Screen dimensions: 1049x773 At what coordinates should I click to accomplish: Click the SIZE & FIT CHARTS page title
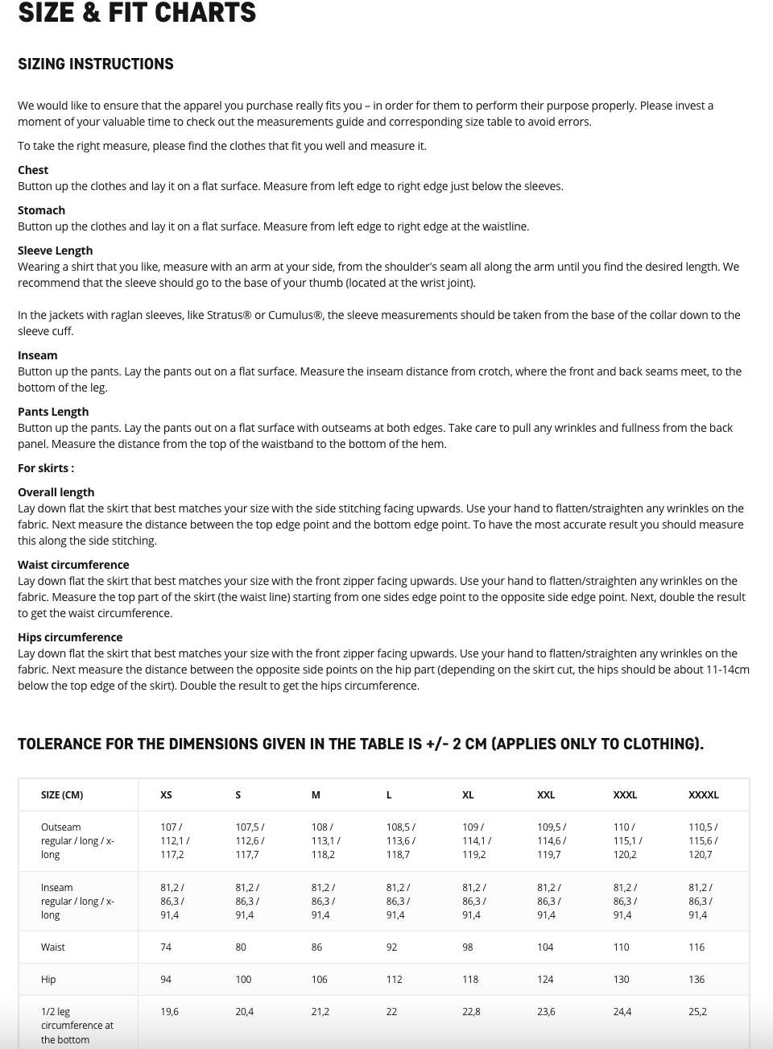137,13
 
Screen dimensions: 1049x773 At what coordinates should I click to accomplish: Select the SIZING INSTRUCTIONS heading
96,64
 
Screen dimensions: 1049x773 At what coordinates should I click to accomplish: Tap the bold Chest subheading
33,170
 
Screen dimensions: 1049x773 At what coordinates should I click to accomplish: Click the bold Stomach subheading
41,210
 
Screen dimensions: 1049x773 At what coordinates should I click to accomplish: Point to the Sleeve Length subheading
55,251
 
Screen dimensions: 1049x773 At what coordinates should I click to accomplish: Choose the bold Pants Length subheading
53,412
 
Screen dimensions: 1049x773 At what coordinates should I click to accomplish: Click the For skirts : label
46,468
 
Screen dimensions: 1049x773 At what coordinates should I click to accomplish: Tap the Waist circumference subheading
73,565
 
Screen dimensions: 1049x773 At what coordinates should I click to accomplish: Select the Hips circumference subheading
70,637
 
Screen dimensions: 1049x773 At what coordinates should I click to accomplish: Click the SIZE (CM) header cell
62,795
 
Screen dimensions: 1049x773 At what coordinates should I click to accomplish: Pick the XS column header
166,795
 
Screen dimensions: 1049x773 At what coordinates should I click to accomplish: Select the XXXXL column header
703,795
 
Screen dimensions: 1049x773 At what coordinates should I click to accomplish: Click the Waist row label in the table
53,947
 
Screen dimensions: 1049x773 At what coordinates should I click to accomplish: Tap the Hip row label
48,980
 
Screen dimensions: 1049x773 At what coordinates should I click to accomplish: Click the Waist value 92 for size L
391,947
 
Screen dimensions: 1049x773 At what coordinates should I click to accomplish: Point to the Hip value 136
697,980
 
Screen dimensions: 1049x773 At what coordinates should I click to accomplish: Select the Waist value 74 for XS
166,947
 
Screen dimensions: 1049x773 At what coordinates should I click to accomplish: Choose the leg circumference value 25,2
697,1012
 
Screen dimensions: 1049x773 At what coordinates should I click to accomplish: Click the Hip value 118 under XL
470,980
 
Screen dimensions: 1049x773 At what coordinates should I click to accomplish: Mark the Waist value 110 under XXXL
621,947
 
